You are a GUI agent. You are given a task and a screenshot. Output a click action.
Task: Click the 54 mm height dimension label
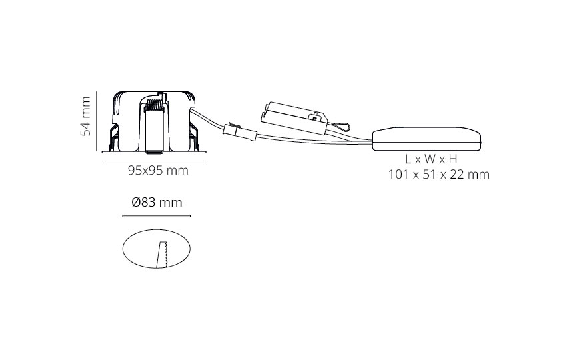pyautogui.click(x=85, y=116)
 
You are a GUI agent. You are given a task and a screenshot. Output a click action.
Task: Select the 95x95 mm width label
pyautogui.click(x=158, y=171)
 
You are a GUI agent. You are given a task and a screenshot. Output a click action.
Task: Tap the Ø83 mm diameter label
pyautogui.click(x=157, y=202)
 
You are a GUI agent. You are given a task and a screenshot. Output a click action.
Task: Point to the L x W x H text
pyautogui.click(x=432, y=159)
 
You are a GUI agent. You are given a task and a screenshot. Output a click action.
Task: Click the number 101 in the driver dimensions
pyautogui.click(x=398, y=175)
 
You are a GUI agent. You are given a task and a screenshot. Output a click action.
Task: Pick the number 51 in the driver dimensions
pyautogui.click(x=429, y=175)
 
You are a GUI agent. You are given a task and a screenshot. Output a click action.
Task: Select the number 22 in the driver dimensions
pyautogui.click(x=456, y=175)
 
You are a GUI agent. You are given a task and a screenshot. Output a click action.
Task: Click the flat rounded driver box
pyautogui.click(x=426, y=139)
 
